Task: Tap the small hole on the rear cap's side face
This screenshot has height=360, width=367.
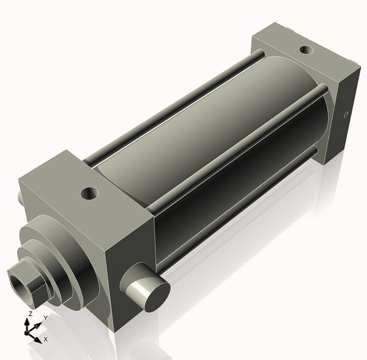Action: [346, 114]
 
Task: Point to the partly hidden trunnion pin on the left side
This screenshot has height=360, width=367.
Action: [22, 198]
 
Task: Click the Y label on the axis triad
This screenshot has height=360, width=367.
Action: [45, 318]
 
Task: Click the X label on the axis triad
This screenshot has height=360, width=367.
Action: [45, 339]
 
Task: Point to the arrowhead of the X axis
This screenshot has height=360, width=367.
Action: [38, 337]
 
